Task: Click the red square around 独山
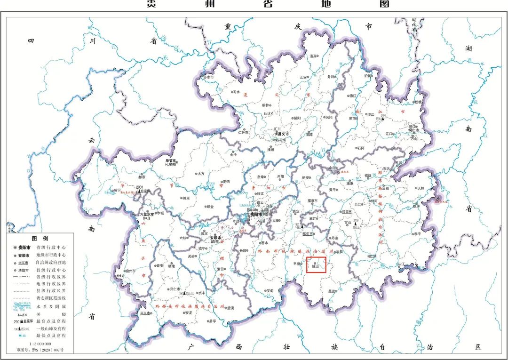316,265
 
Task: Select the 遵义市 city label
283,134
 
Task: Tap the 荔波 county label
331,291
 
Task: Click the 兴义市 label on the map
145,313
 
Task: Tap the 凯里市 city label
349,212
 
